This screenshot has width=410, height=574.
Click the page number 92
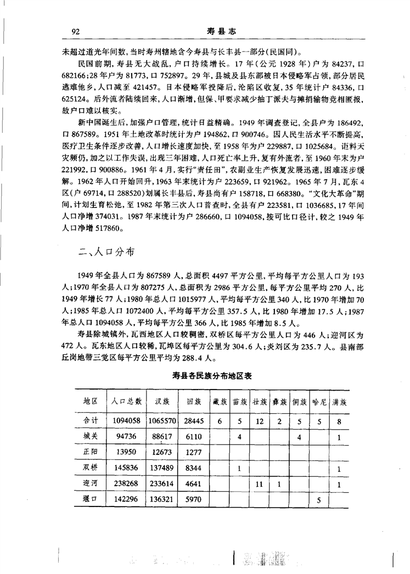pos(77,32)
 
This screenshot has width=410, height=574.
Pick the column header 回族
pos(195,402)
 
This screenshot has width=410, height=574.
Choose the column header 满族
pos(340,402)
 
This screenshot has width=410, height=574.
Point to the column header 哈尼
pos(319,402)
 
